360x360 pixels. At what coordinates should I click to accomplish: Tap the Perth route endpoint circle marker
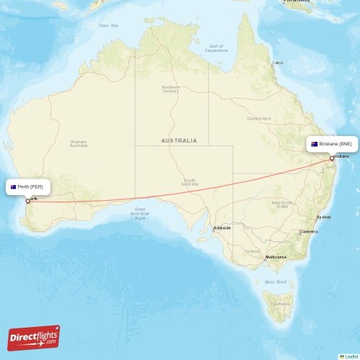coord(28,201)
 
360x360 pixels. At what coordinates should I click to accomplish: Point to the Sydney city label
coord(323,217)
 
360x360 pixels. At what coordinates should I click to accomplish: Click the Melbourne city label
coord(276,257)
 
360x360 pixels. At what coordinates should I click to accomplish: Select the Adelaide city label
coord(222,228)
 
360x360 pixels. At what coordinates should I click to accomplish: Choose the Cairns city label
coord(277,63)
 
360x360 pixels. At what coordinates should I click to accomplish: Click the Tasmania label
coord(280,305)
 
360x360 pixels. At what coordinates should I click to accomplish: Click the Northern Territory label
coord(171,89)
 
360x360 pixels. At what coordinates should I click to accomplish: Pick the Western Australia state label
coord(78,143)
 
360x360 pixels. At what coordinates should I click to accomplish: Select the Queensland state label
coord(258,118)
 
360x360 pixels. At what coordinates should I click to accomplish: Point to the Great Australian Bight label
coord(140,214)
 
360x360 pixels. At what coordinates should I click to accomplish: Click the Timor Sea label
coord(108,25)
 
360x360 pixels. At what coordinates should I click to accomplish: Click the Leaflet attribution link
coord(351,356)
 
